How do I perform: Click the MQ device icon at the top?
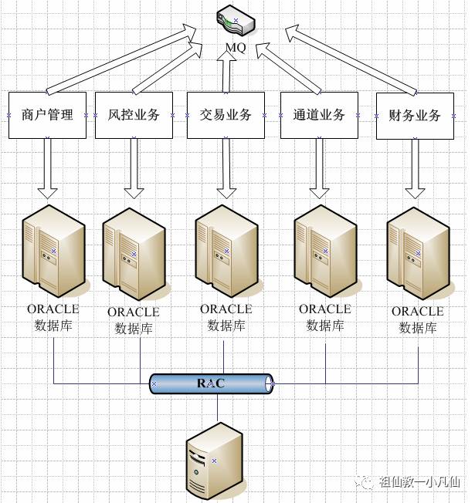click(x=234, y=21)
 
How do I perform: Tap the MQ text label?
click(x=236, y=48)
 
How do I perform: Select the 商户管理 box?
click(x=48, y=115)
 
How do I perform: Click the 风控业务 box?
click(x=133, y=115)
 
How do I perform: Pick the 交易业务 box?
click(x=226, y=115)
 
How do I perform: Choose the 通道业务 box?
click(x=319, y=115)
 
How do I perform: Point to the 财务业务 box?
click(x=415, y=116)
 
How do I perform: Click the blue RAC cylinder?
click(x=212, y=383)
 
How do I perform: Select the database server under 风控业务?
click(x=133, y=254)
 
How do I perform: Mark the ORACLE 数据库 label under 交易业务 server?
click(x=226, y=317)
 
